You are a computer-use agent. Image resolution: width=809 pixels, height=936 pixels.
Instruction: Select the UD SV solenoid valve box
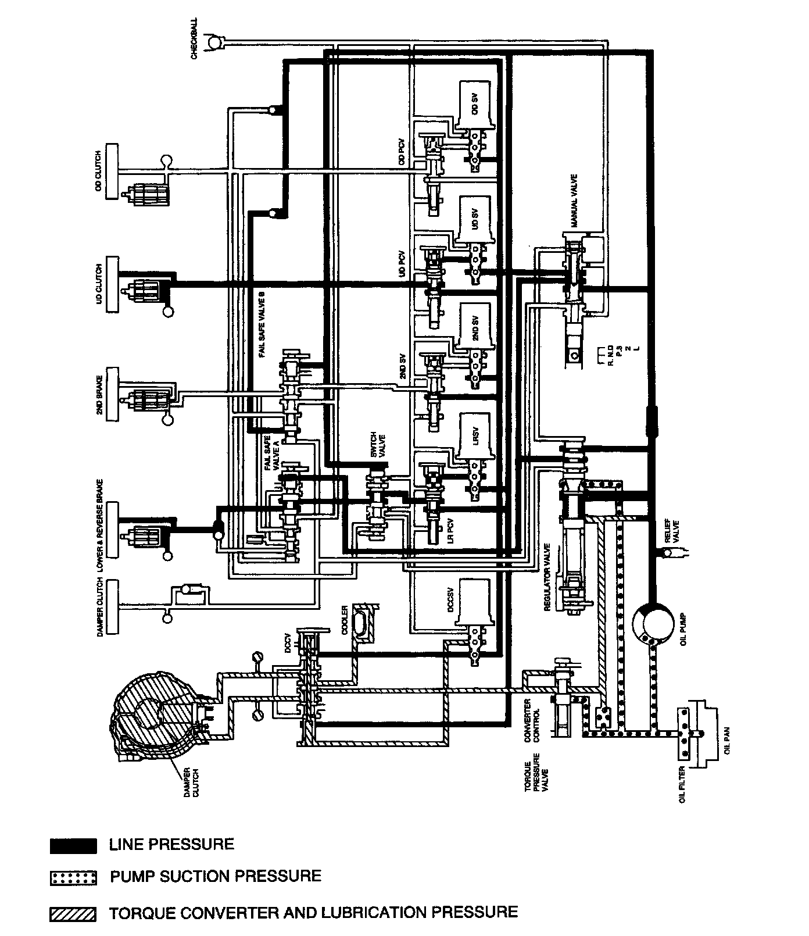pos(474,219)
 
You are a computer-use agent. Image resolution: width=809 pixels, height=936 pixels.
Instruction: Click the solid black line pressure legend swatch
pos(73,845)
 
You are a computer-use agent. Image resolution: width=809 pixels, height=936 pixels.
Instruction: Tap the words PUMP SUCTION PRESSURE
pos(216,877)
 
